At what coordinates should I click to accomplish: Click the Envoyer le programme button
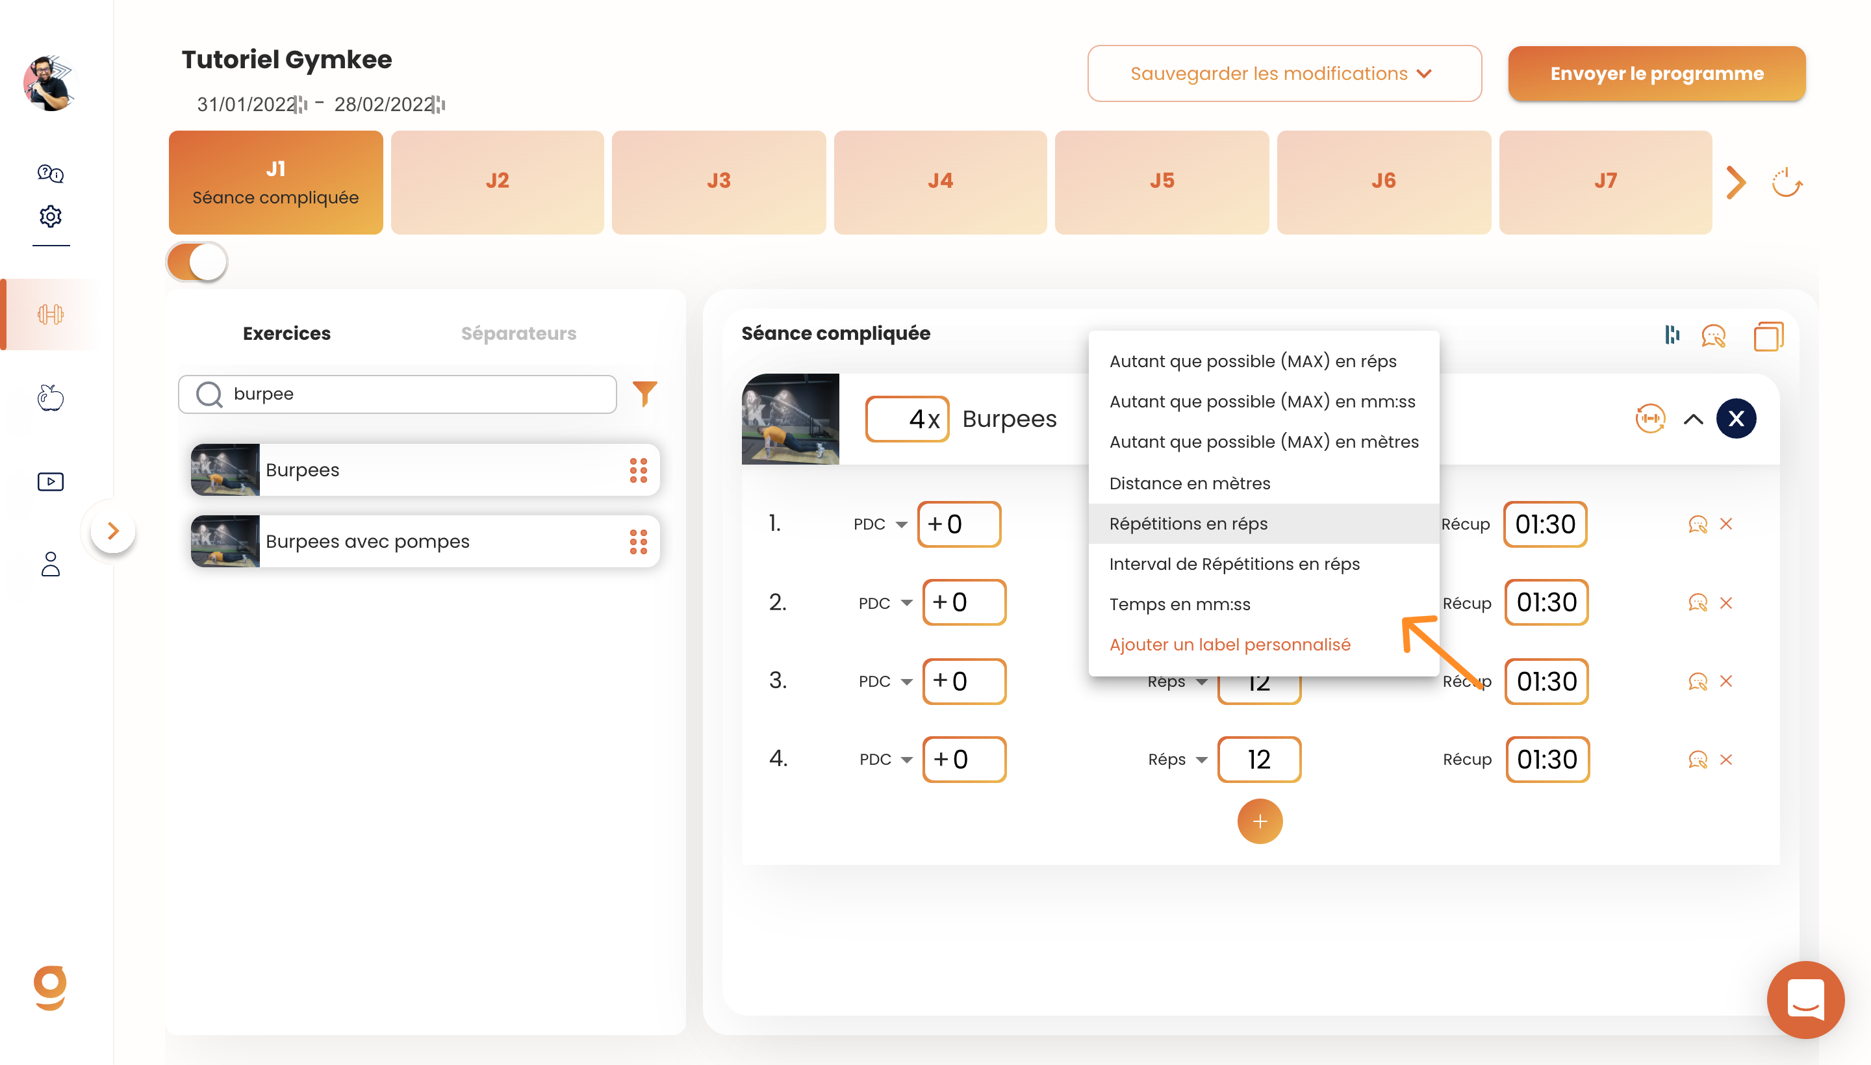point(1656,73)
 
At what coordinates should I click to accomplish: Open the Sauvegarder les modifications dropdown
point(1284,73)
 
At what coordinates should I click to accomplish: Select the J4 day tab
point(940,181)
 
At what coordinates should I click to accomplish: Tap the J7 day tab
point(1605,181)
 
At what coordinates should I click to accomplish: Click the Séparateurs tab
point(518,333)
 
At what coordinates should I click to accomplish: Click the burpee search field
point(397,394)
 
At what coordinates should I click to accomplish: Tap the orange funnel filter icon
point(644,394)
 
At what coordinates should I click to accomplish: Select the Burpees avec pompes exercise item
point(425,541)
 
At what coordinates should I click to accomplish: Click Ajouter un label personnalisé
point(1230,645)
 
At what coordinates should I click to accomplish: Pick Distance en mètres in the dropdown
point(1190,483)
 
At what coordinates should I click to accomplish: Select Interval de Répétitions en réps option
point(1234,564)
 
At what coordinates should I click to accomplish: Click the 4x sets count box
point(907,419)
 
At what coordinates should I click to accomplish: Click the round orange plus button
point(1260,821)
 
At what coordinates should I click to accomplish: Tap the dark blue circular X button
point(1736,418)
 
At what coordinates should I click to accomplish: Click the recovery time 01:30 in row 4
point(1547,759)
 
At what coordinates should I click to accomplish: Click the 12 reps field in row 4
point(1259,759)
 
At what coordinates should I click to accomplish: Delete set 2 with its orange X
point(1726,603)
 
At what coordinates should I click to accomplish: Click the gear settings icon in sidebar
point(51,216)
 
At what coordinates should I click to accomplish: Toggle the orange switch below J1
point(197,262)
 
